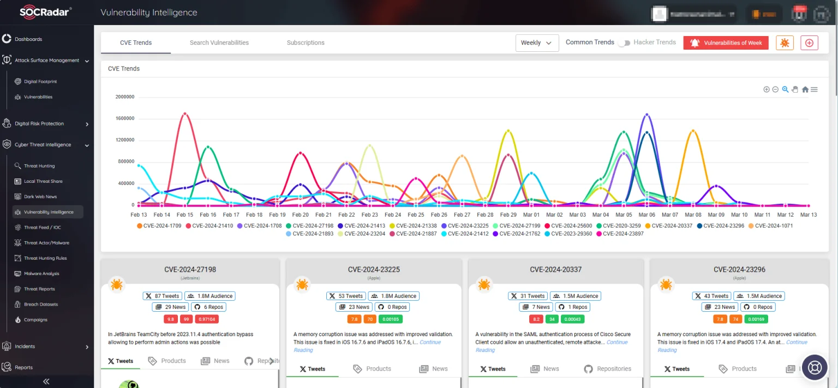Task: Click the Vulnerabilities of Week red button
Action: point(726,43)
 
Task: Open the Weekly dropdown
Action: point(537,43)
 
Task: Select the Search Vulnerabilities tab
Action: point(219,43)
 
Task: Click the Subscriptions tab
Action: point(306,43)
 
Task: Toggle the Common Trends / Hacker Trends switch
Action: point(624,43)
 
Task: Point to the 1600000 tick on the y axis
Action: point(125,118)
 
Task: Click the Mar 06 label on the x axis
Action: point(647,215)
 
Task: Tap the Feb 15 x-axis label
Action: point(185,215)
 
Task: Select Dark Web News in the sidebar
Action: point(40,196)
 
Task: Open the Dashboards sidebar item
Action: point(28,39)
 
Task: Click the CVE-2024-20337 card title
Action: point(555,269)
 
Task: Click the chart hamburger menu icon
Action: point(814,89)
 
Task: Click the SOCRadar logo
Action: point(46,12)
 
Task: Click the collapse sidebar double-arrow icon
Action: point(46,381)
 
